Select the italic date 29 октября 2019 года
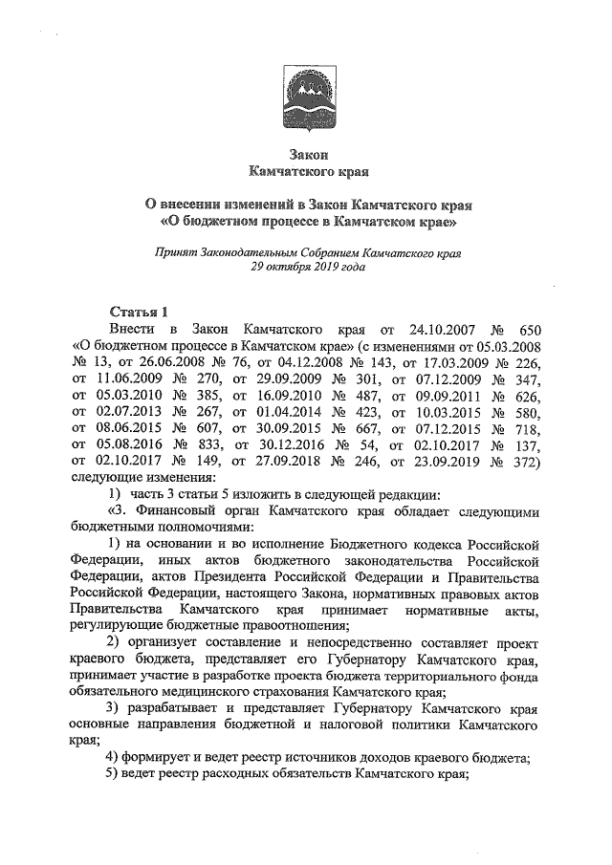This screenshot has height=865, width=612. pos(308,269)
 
